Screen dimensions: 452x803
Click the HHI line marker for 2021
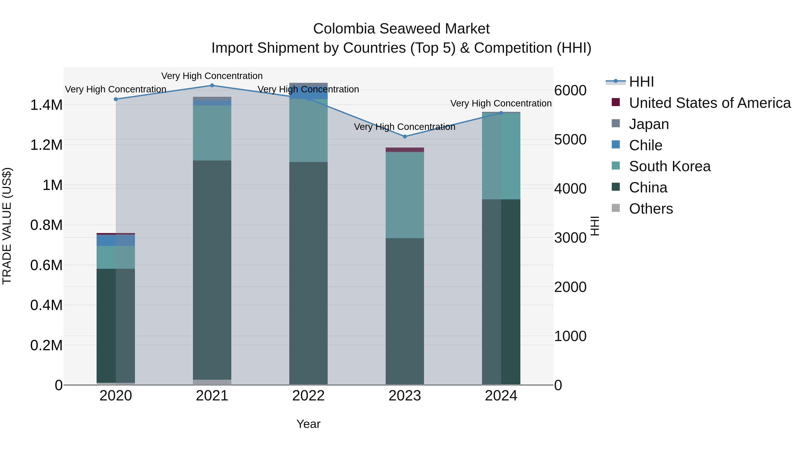212,85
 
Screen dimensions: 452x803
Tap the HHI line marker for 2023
405,136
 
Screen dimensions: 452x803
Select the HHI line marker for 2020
116,99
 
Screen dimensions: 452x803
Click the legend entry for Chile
645,145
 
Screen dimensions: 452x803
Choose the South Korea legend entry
670,166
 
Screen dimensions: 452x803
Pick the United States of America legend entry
710,103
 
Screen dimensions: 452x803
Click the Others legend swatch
616,208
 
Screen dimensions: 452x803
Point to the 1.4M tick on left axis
46,105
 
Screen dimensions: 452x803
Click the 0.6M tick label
46,265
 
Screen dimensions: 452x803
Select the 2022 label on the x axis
308,396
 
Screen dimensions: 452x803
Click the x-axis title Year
308,424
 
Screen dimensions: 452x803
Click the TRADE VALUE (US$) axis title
7,226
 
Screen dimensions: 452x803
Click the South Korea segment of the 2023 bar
405,195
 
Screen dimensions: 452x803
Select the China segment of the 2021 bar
212,270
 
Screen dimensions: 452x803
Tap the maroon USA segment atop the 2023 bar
405,150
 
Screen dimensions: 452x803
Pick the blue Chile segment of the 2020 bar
106,240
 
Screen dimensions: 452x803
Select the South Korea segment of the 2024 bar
501,156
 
